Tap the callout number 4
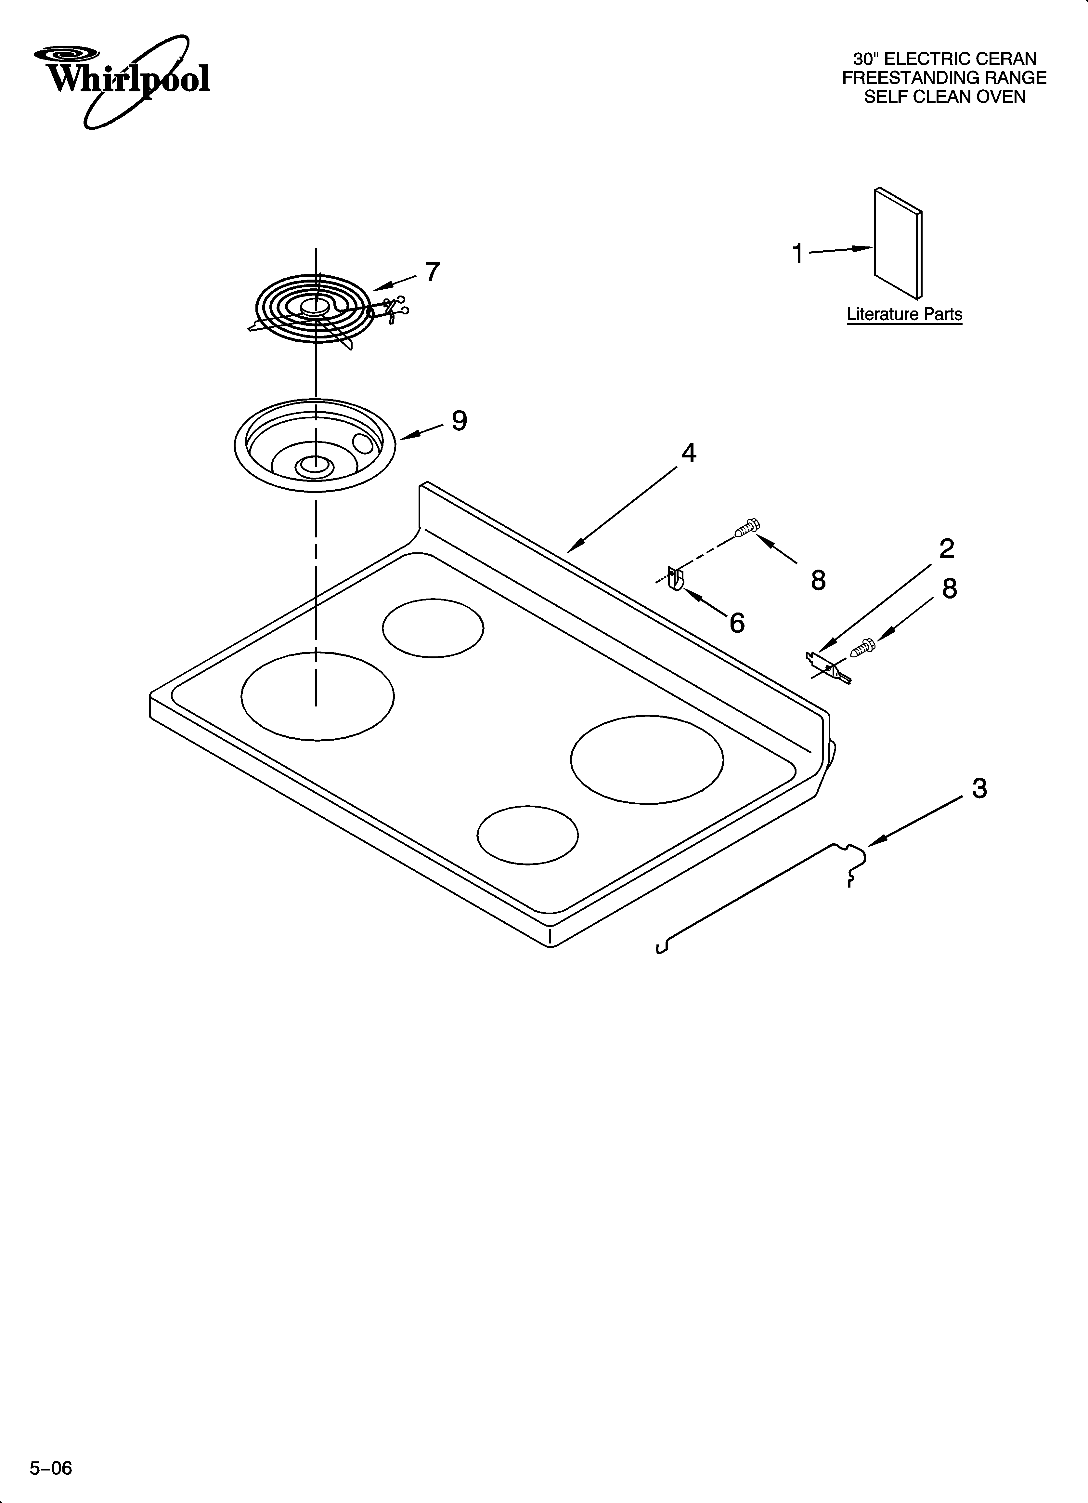689,453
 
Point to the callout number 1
798,253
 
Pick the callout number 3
979,789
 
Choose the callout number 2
946,549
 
